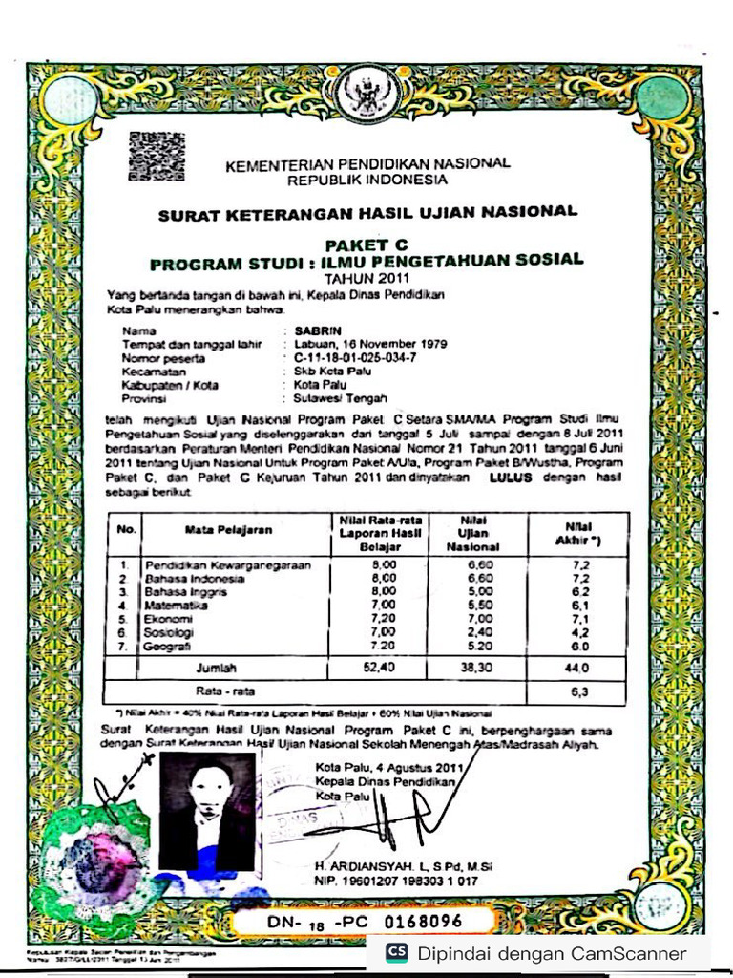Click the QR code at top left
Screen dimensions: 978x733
(157, 157)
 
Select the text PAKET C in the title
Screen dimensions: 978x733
(366, 245)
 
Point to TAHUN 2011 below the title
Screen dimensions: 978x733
(366, 278)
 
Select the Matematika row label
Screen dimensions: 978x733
(176, 606)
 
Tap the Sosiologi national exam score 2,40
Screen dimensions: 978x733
(473, 632)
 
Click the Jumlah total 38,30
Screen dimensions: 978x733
(473, 669)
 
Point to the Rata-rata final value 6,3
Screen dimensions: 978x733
(578, 690)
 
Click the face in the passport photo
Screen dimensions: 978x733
(210, 788)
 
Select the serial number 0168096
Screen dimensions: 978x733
(423, 922)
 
